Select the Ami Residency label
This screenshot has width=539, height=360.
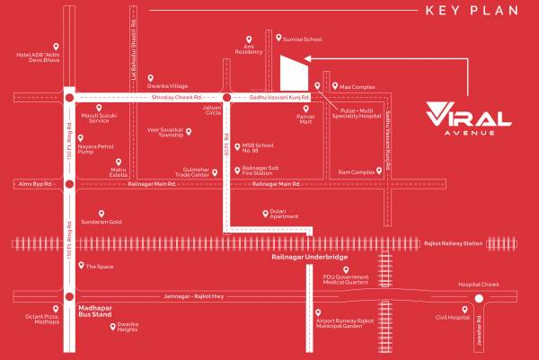point(249,52)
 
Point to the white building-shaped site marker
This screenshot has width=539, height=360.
point(291,70)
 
